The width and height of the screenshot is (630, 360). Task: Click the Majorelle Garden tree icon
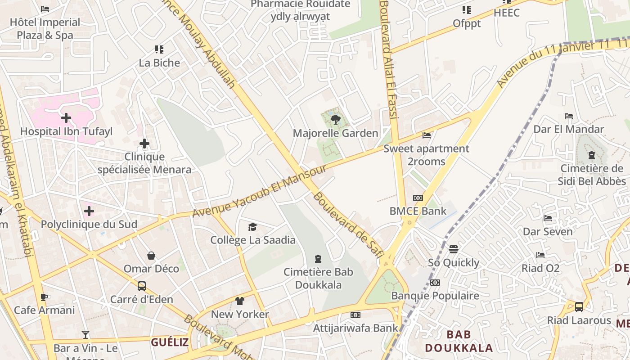(335, 120)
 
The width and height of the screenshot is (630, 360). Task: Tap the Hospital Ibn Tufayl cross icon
(66, 118)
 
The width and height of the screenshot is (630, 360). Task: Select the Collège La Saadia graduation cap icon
(252, 227)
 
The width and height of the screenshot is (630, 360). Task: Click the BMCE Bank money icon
(418, 198)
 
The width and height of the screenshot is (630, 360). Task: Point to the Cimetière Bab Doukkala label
(318, 279)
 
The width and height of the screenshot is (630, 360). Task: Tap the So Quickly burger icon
(453, 249)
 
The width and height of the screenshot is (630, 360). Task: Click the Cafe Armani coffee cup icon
(44, 297)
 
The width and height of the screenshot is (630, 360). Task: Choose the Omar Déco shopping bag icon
(151, 256)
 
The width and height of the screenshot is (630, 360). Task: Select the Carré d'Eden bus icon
(142, 286)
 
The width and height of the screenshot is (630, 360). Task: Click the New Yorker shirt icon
(239, 301)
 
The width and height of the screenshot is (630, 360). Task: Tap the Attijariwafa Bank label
(355, 328)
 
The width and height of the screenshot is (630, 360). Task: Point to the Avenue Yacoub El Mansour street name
(259, 191)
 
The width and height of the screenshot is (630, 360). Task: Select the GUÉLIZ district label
(170, 342)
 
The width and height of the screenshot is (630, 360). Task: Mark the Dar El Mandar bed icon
(569, 116)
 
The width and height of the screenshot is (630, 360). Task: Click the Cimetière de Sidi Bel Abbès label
(592, 175)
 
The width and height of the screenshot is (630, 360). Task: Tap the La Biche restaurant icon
(159, 49)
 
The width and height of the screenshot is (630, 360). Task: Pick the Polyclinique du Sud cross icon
(89, 211)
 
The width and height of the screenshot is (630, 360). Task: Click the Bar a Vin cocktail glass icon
(85, 334)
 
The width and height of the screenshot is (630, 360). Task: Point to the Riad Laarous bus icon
(579, 307)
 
